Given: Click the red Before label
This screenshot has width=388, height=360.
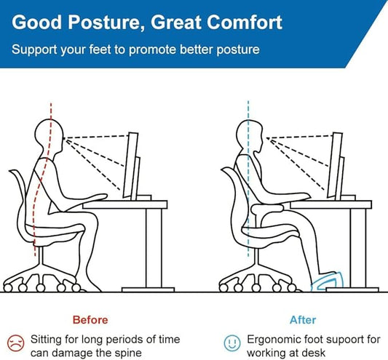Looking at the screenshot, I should point(90,319).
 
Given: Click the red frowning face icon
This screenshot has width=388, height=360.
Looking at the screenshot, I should point(15,340).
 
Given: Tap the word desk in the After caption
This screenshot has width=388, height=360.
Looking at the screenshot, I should point(314,353).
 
